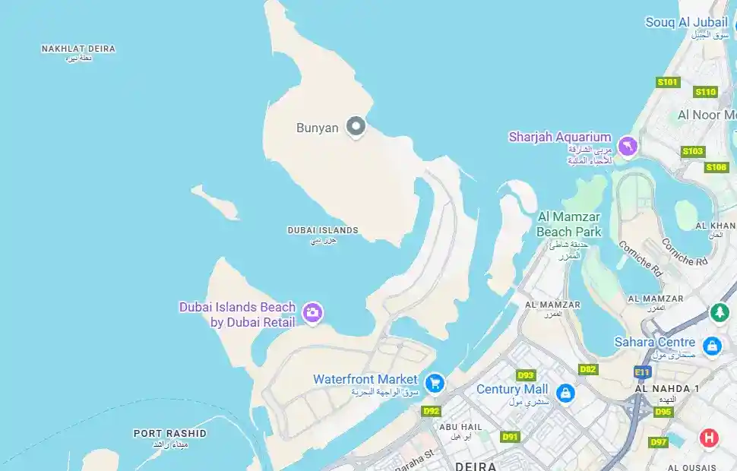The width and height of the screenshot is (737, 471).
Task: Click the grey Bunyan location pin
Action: (356, 126)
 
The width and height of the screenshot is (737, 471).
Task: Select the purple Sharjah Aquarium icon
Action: (627, 145)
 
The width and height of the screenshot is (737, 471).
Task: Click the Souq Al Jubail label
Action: (686, 22)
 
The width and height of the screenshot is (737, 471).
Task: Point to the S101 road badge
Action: (667, 82)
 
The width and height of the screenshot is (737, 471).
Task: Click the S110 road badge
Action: (705, 92)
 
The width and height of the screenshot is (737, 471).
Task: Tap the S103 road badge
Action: (692, 151)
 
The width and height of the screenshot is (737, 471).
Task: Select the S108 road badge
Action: (716, 167)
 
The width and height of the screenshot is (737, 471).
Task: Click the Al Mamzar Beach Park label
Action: (568, 224)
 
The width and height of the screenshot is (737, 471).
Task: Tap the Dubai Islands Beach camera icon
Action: (312, 312)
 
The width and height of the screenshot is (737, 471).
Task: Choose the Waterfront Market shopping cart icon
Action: (434, 381)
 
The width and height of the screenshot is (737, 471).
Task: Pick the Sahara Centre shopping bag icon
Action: (712, 346)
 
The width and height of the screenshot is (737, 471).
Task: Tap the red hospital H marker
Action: (708, 438)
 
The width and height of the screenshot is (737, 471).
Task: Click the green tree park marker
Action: (719, 311)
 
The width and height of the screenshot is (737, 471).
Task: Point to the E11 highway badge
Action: (642, 371)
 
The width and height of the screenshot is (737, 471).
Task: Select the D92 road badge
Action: (431, 411)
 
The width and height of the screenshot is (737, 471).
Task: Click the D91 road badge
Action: (509, 437)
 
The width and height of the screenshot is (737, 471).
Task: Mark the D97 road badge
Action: (658, 442)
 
